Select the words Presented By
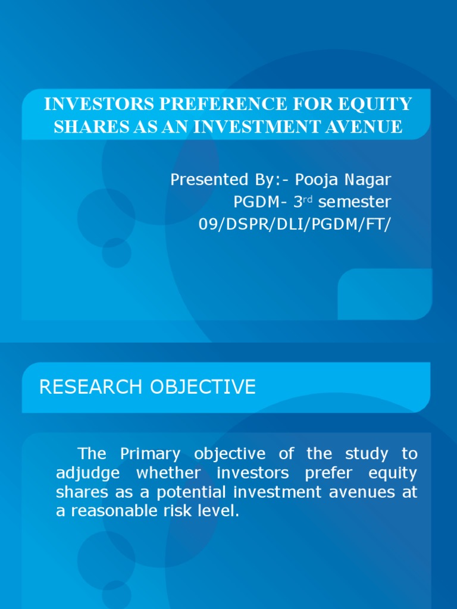click(x=217, y=180)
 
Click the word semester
click(x=355, y=202)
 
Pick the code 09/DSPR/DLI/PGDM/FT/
click(x=295, y=224)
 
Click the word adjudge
click(x=88, y=473)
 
